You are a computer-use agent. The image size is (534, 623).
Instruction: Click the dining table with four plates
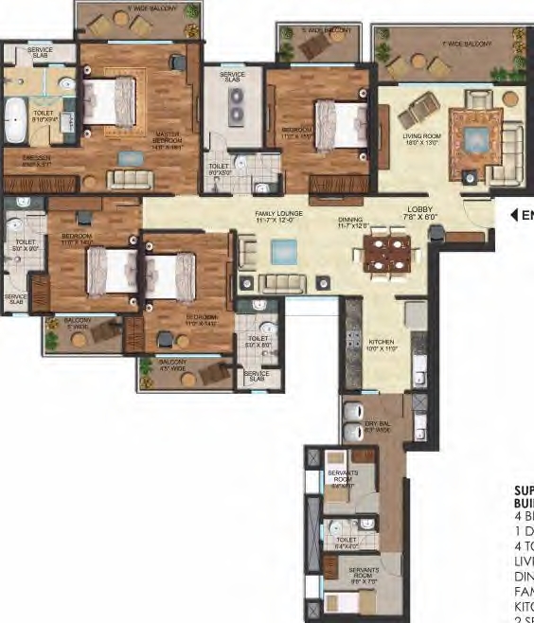click(386, 253)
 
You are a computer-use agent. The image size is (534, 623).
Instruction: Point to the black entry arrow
click(515, 215)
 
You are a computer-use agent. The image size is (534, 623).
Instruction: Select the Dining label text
click(350, 220)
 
